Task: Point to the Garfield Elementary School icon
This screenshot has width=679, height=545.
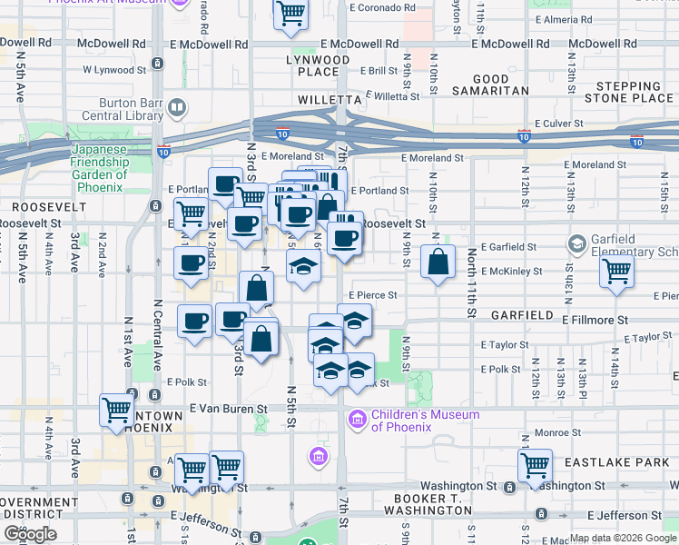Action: coord(576,243)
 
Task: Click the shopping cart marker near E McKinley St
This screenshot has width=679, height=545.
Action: coord(617,271)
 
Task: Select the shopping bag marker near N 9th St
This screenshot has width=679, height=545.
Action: coord(438,263)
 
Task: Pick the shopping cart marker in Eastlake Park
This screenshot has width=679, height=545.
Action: coord(536,465)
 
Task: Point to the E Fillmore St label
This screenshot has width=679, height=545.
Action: coord(595,320)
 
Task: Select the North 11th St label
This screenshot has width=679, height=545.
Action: coord(471,282)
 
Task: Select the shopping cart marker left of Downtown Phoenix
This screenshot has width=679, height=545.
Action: coord(117,411)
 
